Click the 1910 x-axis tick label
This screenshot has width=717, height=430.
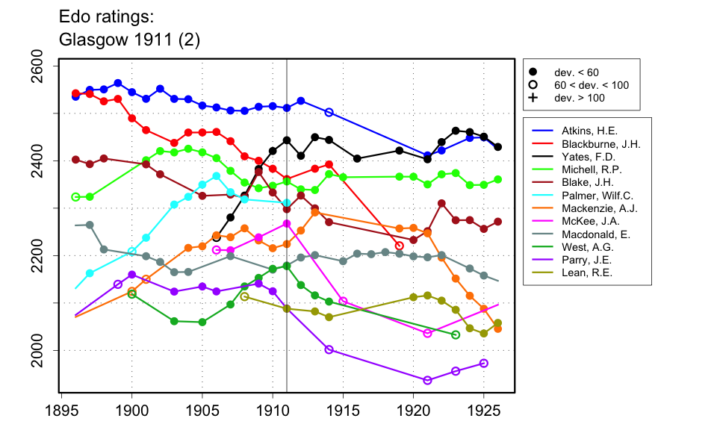tap(273, 410)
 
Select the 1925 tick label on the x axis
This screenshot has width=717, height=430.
tap(484, 410)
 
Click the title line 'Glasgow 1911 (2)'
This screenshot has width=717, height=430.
tap(128, 40)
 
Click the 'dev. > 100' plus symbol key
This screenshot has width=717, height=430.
tap(534, 98)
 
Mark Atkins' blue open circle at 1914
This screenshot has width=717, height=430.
tap(329, 112)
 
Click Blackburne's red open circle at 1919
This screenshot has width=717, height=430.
tap(399, 246)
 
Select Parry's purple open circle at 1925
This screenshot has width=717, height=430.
tap(484, 364)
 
